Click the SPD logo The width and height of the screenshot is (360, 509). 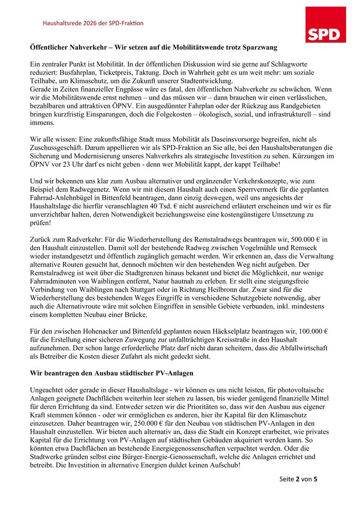[326, 24]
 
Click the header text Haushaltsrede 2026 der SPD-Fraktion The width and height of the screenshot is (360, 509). [93, 23]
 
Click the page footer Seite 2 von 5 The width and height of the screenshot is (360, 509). [298, 479]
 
